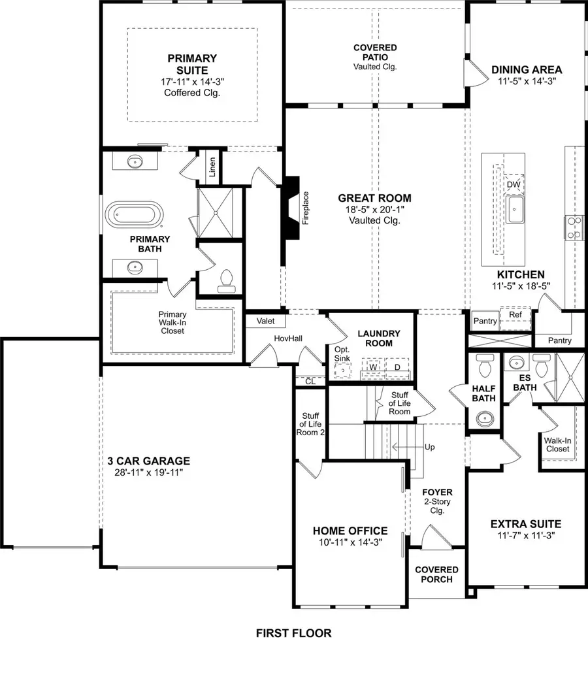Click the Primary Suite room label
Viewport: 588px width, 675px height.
point(192,64)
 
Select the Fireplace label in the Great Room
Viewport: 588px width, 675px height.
point(305,208)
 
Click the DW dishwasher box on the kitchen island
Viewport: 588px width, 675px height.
point(514,185)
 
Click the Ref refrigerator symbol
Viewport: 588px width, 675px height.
point(515,314)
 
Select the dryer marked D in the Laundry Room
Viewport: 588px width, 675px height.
point(396,367)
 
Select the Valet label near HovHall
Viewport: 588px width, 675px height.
point(265,321)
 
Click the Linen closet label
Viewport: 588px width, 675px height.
point(212,167)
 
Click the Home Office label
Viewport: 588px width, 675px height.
point(350,531)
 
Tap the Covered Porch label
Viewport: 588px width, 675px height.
point(436,574)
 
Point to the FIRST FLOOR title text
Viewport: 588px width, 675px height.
point(293,633)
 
